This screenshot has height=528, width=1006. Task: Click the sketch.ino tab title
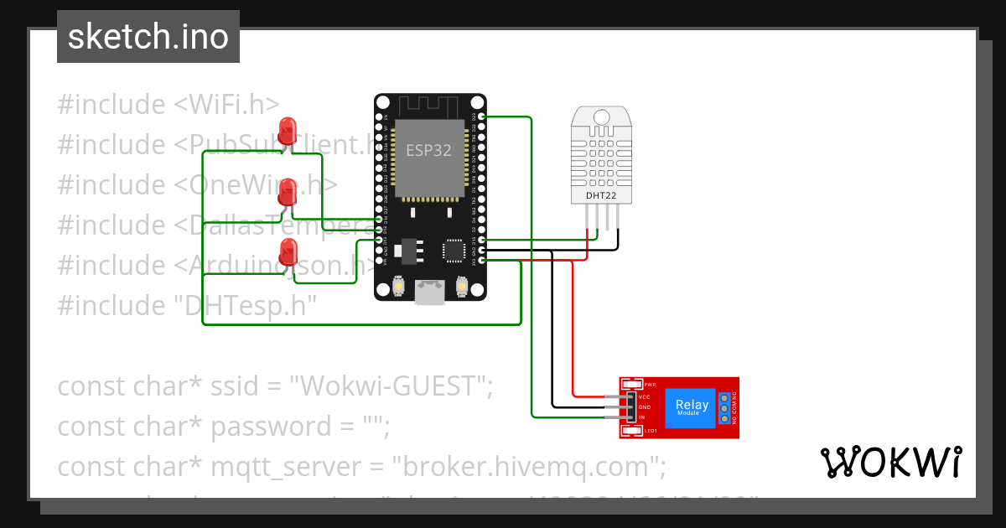(148, 37)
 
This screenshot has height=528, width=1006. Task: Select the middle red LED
(288, 192)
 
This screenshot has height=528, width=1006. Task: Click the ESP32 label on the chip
(428, 151)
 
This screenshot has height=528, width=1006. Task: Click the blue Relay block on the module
(692, 408)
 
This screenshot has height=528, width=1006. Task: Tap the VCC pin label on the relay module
(644, 396)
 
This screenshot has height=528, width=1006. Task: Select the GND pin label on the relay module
(644, 406)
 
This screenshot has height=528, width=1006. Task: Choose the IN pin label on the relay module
(642, 417)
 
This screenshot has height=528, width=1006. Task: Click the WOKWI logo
(890, 463)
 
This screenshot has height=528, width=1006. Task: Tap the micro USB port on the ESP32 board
(431, 292)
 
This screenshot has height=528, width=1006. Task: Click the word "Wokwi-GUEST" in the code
(391, 386)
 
